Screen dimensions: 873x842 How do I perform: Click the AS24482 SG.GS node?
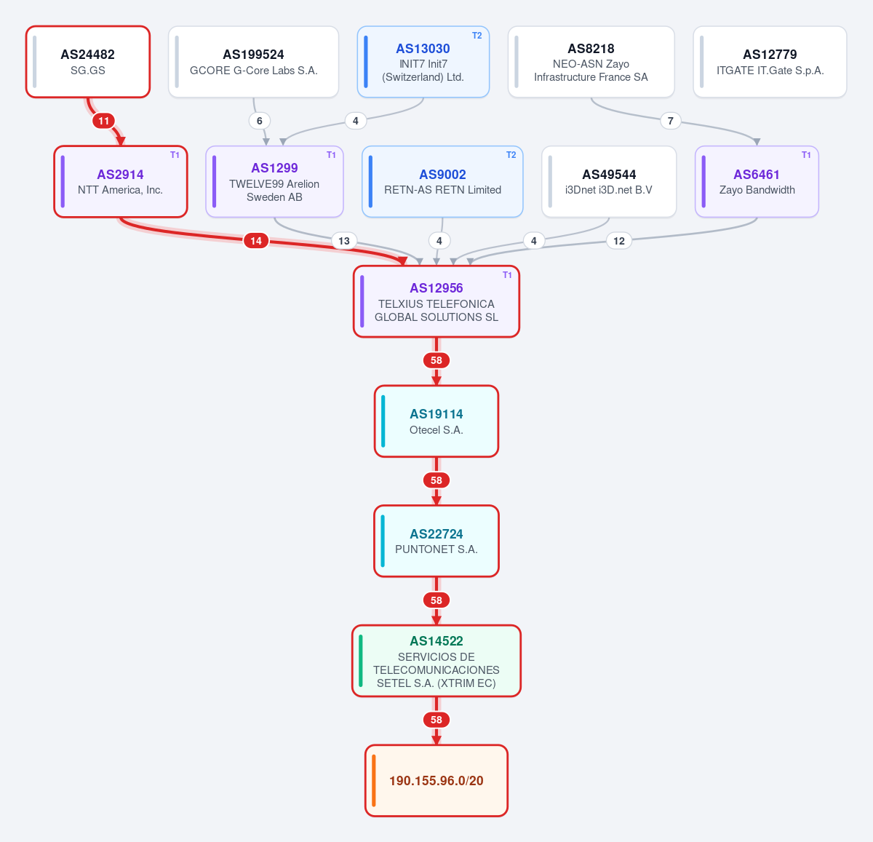[88, 61]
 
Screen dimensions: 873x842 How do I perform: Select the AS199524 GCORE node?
[253, 61]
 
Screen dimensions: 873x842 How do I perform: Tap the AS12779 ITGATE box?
[770, 61]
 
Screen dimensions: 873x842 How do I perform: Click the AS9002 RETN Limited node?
[442, 181]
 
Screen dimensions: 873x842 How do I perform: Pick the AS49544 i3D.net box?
[609, 181]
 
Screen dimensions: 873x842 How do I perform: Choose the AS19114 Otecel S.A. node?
[436, 421]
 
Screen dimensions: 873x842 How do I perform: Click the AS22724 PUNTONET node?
[436, 541]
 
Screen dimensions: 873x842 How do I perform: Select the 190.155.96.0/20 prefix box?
[436, 781]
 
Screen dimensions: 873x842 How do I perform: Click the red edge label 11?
[103, 121]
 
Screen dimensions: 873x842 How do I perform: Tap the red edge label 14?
[256, 241]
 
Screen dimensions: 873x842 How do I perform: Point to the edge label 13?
[344, 241]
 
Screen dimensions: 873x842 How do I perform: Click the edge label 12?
[619, 241]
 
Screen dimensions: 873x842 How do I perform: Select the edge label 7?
[671, 121]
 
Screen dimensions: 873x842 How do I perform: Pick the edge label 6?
[259, 121]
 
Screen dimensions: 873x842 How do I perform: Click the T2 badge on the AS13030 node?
[477, 36]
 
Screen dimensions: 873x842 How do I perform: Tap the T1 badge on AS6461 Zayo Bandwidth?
[806, 155]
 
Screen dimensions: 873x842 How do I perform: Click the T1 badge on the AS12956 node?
[507, 274]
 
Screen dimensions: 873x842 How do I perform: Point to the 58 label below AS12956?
[436, 360]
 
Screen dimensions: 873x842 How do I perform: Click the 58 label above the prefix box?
[436, 720]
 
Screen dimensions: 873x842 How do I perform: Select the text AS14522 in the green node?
[436, 641]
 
